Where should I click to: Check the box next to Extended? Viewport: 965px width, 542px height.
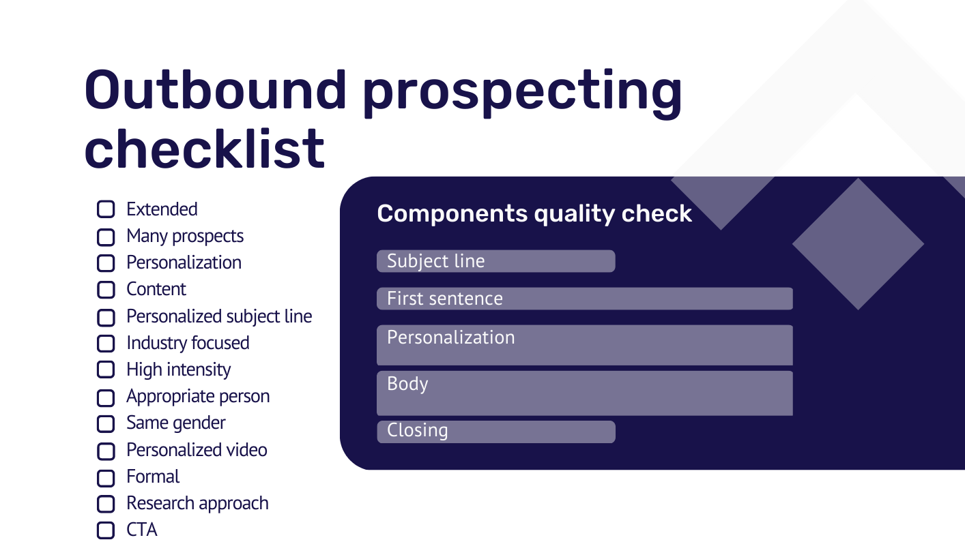(x=106, y=209)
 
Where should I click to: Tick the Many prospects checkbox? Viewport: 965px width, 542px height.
(x=106, y=237)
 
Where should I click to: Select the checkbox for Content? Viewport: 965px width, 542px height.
(x=106, y=290)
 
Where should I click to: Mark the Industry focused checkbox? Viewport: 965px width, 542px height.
(x=106, y=344)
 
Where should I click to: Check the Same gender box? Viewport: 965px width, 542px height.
(x=106, y=423)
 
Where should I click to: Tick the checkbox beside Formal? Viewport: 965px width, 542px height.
(x=106, y=478)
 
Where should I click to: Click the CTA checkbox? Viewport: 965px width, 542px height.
(x=106, y=530)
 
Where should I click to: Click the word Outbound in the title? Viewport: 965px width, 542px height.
(x=216, y=90)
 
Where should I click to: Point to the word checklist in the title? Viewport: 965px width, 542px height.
(x=204, y=149)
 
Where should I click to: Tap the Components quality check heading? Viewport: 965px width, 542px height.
(x=534, y=213)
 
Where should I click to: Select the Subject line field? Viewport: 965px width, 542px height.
(x=496, y=261)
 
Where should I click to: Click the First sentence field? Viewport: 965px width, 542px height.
(x=585, y=299)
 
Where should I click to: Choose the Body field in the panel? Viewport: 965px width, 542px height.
(x=585, y=393)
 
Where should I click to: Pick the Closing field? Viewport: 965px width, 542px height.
(x=496, y=432)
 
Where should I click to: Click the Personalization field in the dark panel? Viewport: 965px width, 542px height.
(x=585, y=345)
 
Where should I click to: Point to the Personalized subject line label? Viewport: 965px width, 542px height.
(x=219, y=317)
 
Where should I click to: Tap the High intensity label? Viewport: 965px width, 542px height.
(x=178, y=370)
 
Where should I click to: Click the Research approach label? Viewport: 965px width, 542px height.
(x=197, y=503)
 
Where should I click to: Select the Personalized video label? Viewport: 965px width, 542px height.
(x=197, y=450)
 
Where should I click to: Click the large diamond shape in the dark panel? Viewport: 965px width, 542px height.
(x=858, y=243)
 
